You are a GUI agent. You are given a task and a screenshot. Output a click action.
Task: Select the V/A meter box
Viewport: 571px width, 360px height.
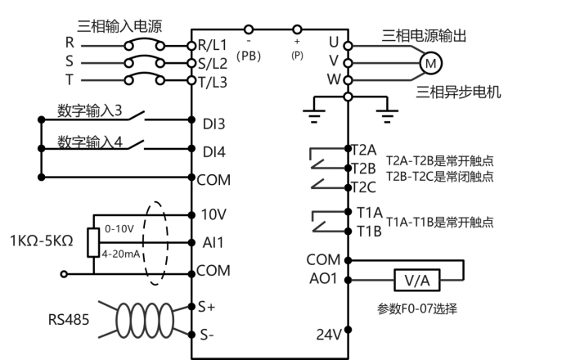417,281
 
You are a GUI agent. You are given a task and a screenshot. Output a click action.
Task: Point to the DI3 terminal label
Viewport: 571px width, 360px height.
214,124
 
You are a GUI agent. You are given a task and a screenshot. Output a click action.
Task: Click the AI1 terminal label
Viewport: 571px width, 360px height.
212,243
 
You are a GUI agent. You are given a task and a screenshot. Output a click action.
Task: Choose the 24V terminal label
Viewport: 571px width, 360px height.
328,334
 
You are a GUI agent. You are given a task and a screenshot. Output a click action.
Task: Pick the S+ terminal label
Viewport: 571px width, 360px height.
206,307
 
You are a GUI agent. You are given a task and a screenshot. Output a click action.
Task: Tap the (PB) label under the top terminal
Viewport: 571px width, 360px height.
248,55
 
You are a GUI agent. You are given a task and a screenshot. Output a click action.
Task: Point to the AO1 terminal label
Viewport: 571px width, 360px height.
323,279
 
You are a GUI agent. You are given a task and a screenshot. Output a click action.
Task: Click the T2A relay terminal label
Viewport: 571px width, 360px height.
363,150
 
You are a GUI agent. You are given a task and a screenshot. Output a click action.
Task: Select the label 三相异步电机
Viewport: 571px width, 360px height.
459,92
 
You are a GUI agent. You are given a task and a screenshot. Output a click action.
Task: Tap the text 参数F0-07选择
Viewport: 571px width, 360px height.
416,308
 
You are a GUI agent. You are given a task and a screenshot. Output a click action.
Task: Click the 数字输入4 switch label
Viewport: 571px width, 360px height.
90,141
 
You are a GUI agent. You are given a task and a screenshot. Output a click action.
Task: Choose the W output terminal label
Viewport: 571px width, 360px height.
333,79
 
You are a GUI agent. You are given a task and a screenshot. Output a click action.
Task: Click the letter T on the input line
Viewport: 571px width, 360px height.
70,79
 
